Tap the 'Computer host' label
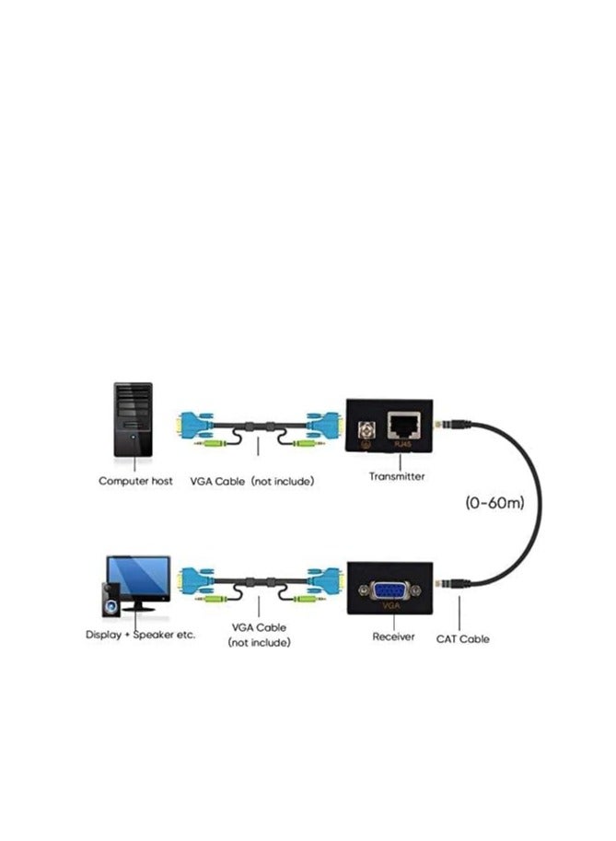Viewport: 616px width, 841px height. (x=135, y=481)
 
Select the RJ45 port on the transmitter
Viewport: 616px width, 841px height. (x=406, y=425)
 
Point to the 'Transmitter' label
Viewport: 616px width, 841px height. (x=396, y=476)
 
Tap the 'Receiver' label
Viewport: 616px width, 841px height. (x=393, y=637)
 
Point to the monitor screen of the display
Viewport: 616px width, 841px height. (x=138, y=577)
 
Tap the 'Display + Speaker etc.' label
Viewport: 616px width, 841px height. (x=140, y=635)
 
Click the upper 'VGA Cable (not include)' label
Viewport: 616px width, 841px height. (x=251, y=481)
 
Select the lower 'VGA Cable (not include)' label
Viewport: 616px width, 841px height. (x=259, y=634)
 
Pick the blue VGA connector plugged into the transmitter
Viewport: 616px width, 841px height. (x=325, y=424)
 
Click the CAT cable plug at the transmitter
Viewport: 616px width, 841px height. (x=451, y=425)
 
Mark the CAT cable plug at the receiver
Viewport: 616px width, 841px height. (x=451, y=582)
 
